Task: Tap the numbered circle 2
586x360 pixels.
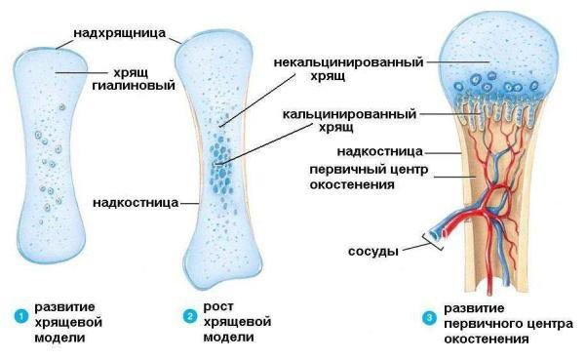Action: pos(190,314)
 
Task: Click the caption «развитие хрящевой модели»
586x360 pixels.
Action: pos(65,321)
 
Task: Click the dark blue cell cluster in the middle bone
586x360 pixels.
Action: pos(222,162)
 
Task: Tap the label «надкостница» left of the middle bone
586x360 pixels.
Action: pos(136,204)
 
